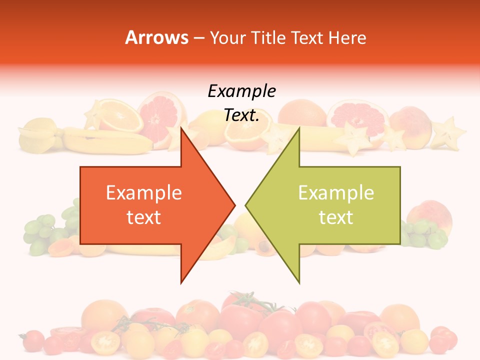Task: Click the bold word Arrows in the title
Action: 156,38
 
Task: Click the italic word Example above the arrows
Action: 241,91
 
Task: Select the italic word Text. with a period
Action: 241,115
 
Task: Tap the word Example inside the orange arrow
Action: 144,193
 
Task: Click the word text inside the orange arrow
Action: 144,217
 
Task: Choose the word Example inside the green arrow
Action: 336,193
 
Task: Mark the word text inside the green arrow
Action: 336,217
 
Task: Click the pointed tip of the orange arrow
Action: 234,204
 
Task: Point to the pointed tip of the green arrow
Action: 246,204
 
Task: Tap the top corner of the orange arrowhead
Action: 181,128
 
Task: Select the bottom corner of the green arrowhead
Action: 299,282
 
